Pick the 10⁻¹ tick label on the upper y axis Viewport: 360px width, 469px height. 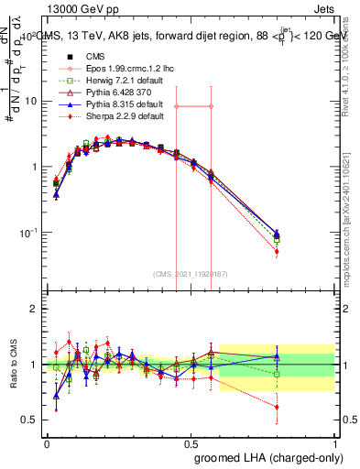[x=27, y=233]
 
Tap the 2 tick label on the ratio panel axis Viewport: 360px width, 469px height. [x=32, y=309]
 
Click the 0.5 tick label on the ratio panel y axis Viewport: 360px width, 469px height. [x=28, y=420]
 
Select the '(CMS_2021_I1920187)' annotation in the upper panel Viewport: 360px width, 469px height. [x=189, y=274]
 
